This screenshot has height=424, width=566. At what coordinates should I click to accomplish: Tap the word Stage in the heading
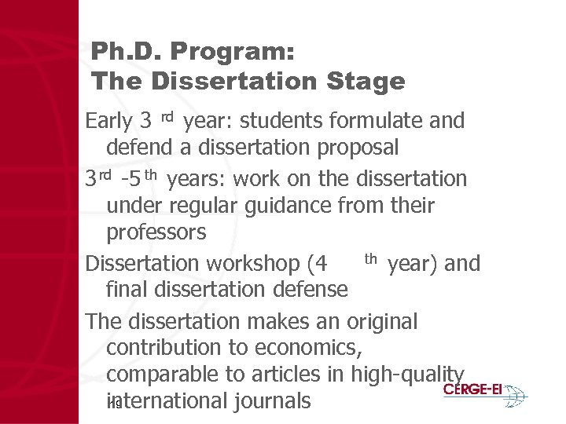[365, 81]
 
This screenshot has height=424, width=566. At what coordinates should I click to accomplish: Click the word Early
[108, 122]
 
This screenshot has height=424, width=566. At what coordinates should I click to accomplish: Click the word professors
[156, 233]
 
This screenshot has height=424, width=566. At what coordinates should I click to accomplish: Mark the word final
[125, 290]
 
